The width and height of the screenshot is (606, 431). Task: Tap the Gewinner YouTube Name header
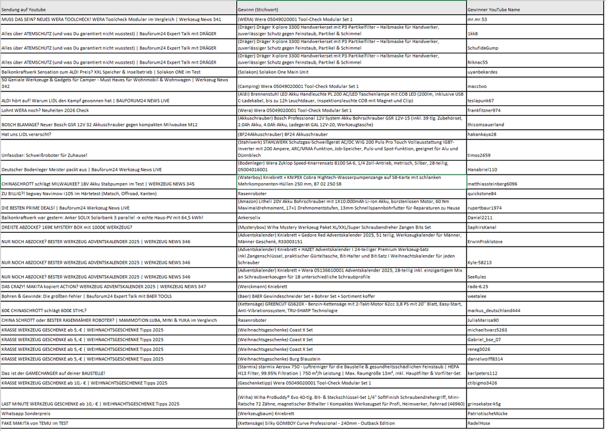coord(494,10)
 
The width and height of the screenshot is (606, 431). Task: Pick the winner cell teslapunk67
coord(481,101)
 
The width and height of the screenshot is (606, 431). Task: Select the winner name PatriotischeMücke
coord(488,413)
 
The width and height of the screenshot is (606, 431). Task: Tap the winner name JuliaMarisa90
coord(484,320)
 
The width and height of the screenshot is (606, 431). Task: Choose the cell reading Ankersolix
coord(250,216)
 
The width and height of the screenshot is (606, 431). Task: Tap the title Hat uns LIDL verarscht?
coord(27,134)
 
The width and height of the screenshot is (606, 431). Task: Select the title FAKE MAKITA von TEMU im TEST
coord(35,423)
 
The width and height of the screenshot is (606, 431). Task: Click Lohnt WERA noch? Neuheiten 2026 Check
coord(45,110)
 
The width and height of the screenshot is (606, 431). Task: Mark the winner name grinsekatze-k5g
coord(484,404)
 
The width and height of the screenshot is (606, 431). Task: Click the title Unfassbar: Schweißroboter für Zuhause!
coord(44,155)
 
